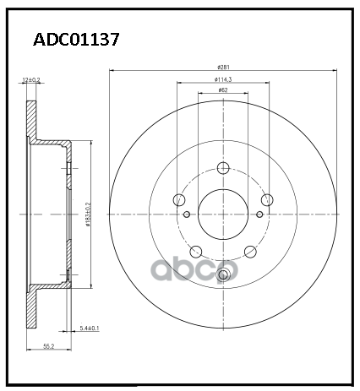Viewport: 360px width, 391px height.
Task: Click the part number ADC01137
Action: click(75, 39)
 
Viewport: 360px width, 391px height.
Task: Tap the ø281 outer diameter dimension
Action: click(223, 67)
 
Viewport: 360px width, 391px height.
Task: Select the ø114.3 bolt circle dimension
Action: click(222, 79)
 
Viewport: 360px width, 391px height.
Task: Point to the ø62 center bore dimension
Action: click(222, 90)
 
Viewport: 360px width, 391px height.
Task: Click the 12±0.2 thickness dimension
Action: click(30, 79)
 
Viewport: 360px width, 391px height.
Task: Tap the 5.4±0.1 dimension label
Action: click(89, 328)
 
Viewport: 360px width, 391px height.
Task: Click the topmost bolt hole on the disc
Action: click(222, 167)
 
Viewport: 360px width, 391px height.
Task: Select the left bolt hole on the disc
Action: click(178, 200)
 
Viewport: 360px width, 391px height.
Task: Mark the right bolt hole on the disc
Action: click(266, 200)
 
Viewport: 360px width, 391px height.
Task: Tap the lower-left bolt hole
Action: click(195, 251)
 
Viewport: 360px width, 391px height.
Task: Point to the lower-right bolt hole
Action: click(249, 251)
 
